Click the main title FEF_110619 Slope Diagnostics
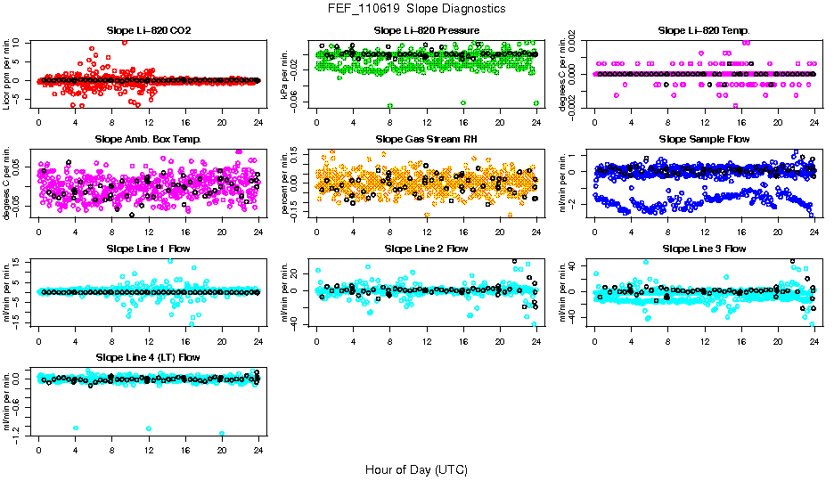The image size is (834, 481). click(417, 9)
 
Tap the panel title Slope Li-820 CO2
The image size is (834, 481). click(149, 31)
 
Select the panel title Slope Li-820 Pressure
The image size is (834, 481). click(426, 31)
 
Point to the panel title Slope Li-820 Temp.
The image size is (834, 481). click(704, 31)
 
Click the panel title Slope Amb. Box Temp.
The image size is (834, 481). click(149, 140)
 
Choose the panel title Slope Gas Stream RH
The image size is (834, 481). click(426, 140)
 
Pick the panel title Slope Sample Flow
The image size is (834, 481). click(704, 140)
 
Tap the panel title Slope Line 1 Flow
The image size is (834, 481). click(149, 249)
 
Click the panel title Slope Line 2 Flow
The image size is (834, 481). click(426, 249)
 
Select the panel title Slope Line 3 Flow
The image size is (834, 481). click(704, 249)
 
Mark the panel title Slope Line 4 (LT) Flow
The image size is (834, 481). click(149, 357)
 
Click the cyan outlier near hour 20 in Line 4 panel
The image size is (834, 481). click(222, 434)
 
